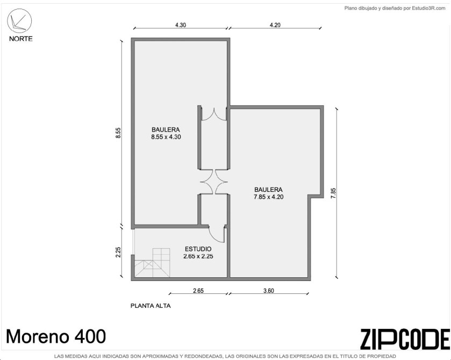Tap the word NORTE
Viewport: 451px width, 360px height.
tap(21, 39)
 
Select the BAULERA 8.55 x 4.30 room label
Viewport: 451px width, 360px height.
tap(166, 133)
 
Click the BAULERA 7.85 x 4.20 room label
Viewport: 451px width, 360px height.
tap(268, 193)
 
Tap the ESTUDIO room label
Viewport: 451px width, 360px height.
tap(198, 249)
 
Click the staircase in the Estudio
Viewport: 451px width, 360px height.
tap(153, 263)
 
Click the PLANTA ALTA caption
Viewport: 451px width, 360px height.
tap(151, 306)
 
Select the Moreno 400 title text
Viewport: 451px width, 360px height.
tap(56, 336)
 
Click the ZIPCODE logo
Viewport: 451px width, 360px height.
tap(405, 339)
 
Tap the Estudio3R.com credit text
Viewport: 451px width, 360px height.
tap(428, 9)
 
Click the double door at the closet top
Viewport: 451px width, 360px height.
tap(214, 114)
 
